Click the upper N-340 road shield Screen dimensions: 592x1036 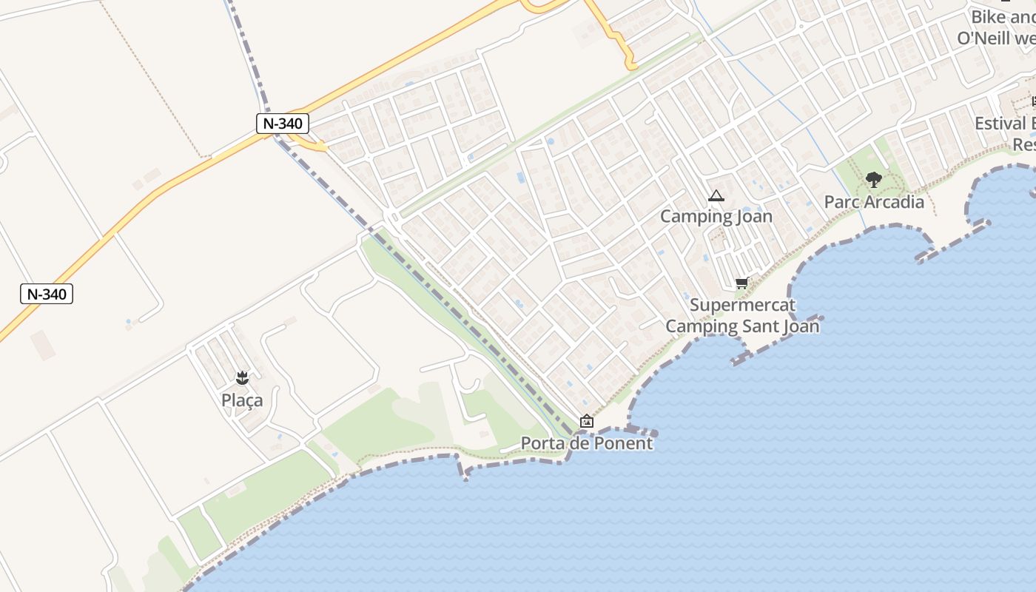(283, 123)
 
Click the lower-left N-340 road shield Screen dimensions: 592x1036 (47, 294)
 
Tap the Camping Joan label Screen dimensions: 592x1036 (716, 216)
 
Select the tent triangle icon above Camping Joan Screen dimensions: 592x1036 (716, 196)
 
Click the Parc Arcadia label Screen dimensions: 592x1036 (874, 201)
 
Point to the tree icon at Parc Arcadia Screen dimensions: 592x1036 (874, 179)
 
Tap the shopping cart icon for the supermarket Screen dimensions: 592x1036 (741, 283)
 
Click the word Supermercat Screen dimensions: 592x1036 (742, 305)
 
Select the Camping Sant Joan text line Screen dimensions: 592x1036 (742, 326)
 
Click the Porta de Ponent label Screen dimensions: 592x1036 (587, 443)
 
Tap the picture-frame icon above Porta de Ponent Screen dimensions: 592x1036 (587, 421)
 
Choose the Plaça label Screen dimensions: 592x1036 (242, 400)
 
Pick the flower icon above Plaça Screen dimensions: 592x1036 (241, 379)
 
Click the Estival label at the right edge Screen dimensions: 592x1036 (1003, 123)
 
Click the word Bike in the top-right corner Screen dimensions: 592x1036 (987, 17)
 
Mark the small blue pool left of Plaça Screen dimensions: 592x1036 (128, 323)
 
